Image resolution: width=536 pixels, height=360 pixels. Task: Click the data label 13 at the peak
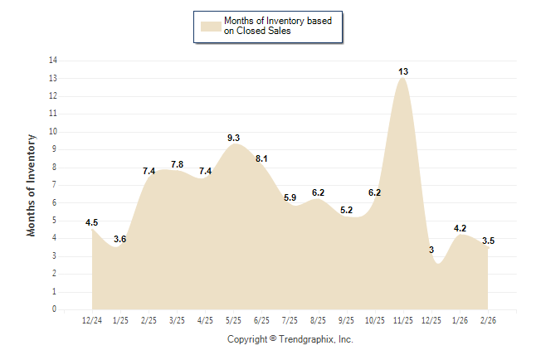(x=403, y=72)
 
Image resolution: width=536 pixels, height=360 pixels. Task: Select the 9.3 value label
(x=234, y=138)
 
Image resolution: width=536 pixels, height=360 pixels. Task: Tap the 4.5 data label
(x=92, y=222)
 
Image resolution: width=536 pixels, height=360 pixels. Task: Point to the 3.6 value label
(x=120, y=240)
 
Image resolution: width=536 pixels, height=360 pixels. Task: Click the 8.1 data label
(x=261, y=158)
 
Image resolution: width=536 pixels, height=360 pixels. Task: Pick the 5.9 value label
(x=290, y=197)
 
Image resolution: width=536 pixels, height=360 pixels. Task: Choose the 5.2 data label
(x=347, y=210)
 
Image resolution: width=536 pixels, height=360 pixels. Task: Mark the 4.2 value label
(x=460, y=228)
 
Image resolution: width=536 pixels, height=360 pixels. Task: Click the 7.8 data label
(x=177, y=165)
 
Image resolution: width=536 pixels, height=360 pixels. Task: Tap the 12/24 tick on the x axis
(x=92, y=320)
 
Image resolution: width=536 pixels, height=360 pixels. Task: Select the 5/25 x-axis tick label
(x=234, y=320)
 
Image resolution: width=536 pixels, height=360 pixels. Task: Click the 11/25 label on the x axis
(x=403, y=320)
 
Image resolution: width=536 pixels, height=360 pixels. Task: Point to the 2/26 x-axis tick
(x=488, y=320)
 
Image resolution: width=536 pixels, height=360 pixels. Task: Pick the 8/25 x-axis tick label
(x=319, y=320)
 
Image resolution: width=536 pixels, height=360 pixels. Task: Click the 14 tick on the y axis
(x=53, y=61)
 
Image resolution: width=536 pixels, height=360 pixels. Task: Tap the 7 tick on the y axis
(x=55, y=185)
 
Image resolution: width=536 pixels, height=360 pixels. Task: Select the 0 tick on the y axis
(x=55, y=309)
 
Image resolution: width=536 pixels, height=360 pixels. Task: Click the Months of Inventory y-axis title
(x=32, y=185)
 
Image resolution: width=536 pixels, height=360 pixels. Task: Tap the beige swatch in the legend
(x=211, y=26)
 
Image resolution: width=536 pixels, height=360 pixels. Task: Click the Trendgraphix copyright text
(x=290, y=339)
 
